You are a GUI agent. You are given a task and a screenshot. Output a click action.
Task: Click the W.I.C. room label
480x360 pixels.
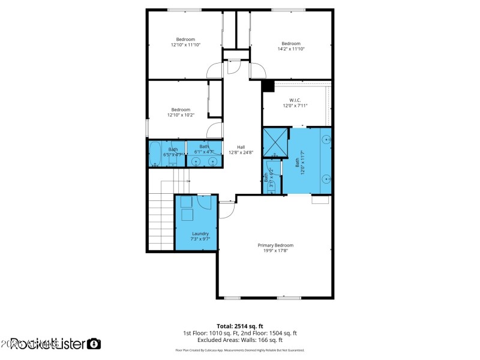tap(295, 100)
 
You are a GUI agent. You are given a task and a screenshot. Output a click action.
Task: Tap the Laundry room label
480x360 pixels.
tap(200, 233)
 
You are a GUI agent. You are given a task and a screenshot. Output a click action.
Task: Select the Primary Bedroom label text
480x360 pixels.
tap(275, 245)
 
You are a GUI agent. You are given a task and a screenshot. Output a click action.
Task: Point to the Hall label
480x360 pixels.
tap(241, 147)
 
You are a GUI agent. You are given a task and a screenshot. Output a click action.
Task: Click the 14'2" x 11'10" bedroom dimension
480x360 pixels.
tap(291, 49)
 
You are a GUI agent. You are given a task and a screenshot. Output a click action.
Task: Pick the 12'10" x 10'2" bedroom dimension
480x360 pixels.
tap(181, 115)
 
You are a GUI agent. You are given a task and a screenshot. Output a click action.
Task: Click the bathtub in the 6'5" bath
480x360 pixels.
tap(154, 154)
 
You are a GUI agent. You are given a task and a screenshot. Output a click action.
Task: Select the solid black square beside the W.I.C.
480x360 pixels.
tap(268, 86)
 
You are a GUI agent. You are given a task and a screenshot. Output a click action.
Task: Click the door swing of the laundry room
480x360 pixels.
tap(205, 202)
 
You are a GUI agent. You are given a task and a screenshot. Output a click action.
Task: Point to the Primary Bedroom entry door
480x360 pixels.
tap(226, 210)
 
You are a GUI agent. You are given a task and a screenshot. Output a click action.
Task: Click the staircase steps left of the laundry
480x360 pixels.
tap(161, 219)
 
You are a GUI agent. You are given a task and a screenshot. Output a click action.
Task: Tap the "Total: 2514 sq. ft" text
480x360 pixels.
tap(239, 326)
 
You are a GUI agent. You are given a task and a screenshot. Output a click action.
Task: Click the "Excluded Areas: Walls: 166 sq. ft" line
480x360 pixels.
tap(239, 340)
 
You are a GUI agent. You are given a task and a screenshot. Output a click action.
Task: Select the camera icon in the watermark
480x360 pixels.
tap(94, 344)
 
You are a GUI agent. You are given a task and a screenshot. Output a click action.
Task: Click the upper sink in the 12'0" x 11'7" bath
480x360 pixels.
tap(325, 139)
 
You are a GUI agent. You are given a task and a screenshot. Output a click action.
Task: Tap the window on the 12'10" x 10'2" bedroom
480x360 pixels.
tap(148, 128)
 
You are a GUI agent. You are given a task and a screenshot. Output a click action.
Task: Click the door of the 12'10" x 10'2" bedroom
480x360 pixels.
tap(214, 131)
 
